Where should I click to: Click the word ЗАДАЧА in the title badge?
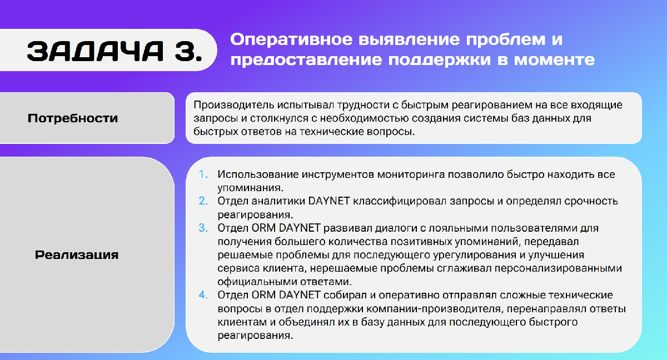95,51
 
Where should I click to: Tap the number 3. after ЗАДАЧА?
188,51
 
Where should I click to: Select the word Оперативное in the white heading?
291,39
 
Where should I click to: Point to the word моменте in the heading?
555,59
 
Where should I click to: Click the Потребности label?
73,118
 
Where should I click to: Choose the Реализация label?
77,255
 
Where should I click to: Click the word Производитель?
234,105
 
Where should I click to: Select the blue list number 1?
203,174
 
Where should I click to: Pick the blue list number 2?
203,201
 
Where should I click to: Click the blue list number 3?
203,228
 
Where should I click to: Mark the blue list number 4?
203,295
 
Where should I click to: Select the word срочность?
591,202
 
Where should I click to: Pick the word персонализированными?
558,269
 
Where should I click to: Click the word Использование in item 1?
258,174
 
